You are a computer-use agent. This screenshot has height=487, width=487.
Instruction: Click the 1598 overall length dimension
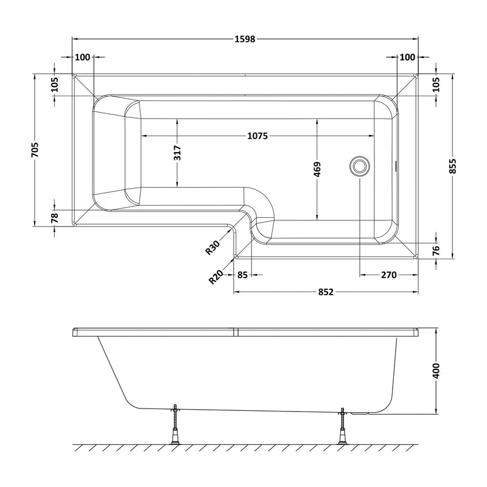tap(245, 40)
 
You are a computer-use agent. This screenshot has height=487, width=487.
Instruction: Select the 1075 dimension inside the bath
tap(258, 135)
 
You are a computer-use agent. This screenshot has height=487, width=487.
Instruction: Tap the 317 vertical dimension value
tap(177, 152)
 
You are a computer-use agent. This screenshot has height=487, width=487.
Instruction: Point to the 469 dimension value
tap(317, 169)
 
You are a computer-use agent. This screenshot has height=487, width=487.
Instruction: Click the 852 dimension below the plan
tap(326, 292)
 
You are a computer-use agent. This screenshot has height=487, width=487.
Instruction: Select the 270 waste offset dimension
tap(388, 275)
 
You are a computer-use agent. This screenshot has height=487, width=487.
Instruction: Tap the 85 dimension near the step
tap(242, 275)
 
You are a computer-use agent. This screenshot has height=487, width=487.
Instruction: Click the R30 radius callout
tap(212, 247)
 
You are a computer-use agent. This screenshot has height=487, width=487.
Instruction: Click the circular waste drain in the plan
tap(359, 166)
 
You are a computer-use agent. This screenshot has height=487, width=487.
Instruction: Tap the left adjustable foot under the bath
tap(175, 427)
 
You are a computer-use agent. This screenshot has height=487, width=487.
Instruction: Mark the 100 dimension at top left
tap(82, 57)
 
